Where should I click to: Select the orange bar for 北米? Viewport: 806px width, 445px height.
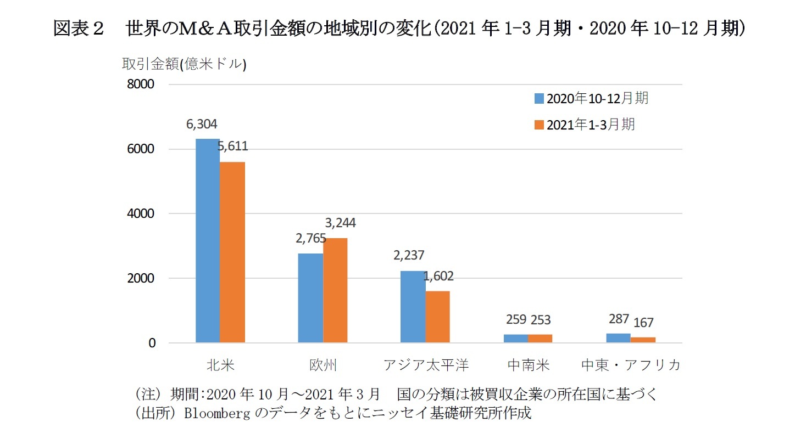coord(232,252)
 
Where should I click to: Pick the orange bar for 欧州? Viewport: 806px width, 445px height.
coord(335,290)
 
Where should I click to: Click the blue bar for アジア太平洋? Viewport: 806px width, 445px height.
coord(413,307)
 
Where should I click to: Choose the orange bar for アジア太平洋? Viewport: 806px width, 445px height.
coord(437,317)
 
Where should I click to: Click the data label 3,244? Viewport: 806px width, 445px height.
coord(340,223)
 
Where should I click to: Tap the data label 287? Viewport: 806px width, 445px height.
coord(618,319)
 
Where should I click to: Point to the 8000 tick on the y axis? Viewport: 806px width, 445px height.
coord(142,85)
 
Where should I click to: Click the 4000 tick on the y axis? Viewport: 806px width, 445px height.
coord(142,213)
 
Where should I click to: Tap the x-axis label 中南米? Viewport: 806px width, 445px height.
coord(528,365)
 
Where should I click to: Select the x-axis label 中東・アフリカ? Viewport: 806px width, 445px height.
coord(631,365)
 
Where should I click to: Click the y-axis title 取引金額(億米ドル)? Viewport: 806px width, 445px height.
coord(184,64)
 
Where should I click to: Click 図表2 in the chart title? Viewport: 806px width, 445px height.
coord(79,29)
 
